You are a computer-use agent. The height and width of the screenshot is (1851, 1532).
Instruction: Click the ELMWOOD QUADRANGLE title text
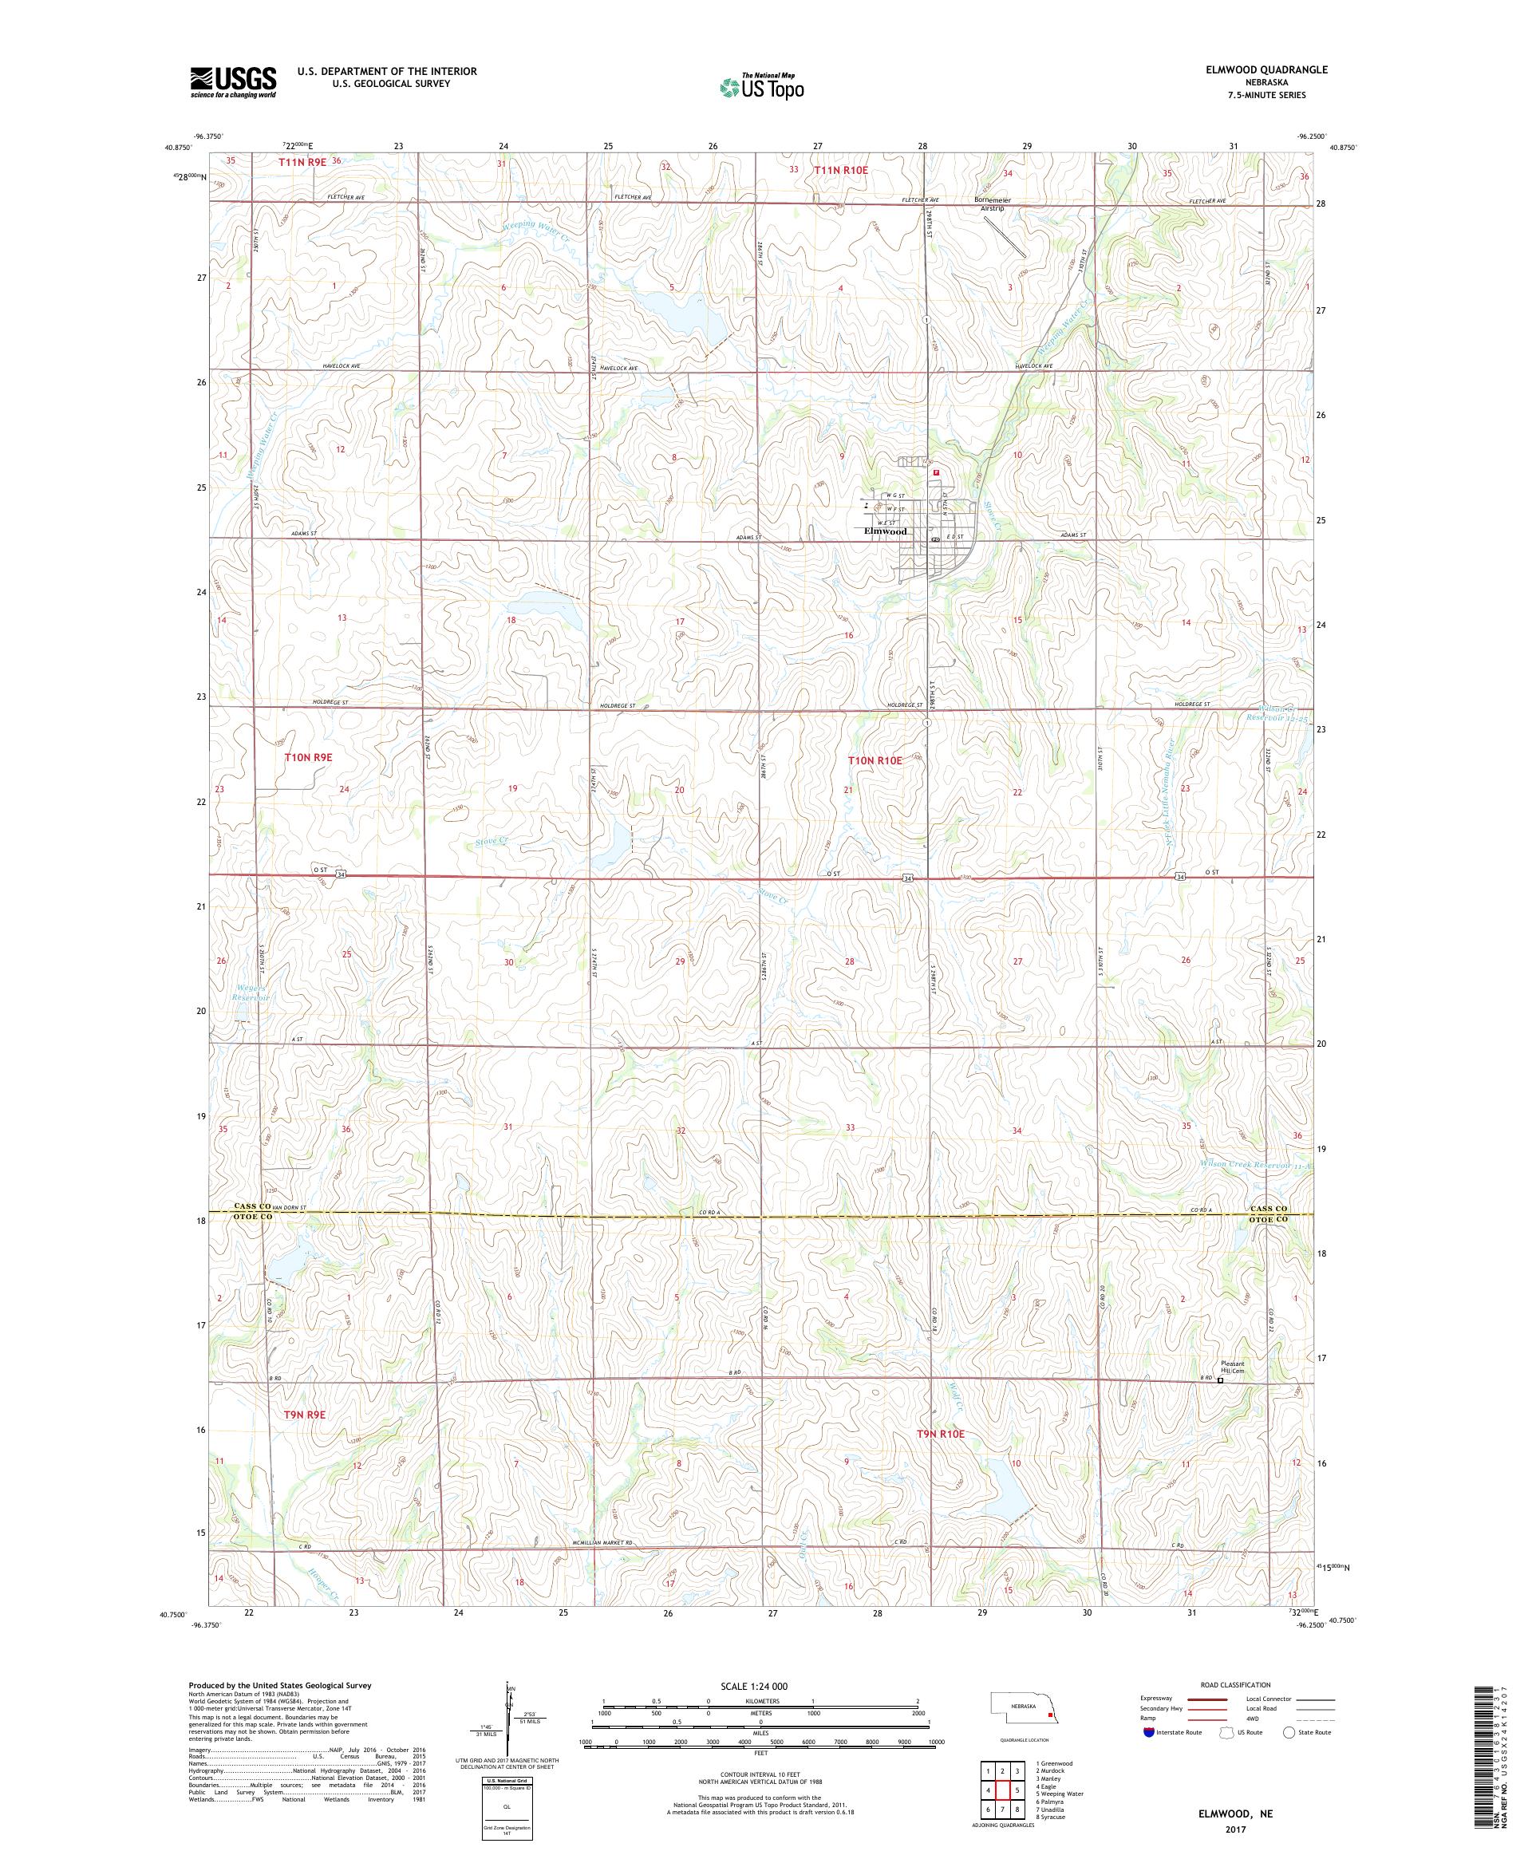pyautogui.click(x=1270, y=69)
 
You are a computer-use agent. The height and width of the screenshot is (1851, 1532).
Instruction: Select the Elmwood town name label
pyautogui.click(x=884, y=531)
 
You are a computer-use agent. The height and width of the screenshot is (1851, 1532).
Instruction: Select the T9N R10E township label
pyautogui.click(x=942, y=1434)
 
